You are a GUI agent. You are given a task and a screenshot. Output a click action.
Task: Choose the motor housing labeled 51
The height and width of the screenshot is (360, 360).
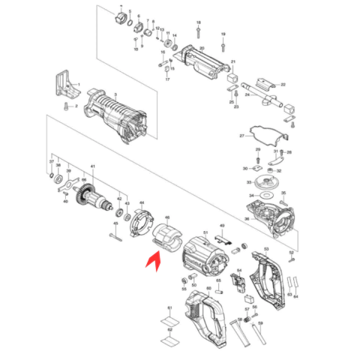point(203,256)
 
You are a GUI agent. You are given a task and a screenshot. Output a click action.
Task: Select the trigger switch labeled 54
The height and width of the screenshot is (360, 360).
point(239,282)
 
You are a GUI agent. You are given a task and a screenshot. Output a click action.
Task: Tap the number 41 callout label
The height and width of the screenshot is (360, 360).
point(92,166)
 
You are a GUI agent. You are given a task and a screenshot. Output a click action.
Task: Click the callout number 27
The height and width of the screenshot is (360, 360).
point(241,136)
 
